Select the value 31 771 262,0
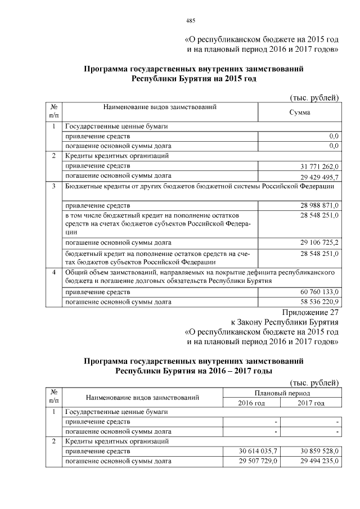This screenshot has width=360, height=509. click(x=316, y=166)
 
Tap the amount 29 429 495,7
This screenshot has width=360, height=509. click(x=316, y=175)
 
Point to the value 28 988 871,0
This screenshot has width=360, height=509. click(x=316, y=205)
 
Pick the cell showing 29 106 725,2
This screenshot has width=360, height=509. click(x=316, y=242)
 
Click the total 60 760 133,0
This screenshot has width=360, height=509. click(x=316, y=292)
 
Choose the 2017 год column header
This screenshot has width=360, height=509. click(x=311, y=403)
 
